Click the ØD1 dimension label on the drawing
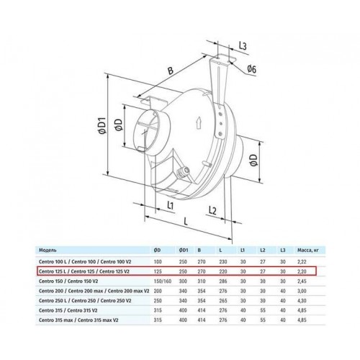(102, 125)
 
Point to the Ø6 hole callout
(251, 69)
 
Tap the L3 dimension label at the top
(243, 45)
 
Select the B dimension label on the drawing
(170, 71)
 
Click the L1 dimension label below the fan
(170, 205)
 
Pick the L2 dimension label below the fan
(212, 211)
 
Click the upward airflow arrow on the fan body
(199, 123)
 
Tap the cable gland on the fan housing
(182, 171)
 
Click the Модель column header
(48, 251)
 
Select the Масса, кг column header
(308, 251)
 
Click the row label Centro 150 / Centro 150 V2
(68, 281)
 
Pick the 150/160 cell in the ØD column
(163, 281)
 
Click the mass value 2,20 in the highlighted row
(302, 271)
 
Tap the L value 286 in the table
(223, 281)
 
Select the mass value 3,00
(302, 291)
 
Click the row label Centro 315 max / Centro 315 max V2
(78, 320)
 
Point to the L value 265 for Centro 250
(223, 300)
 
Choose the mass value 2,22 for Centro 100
(302, 261)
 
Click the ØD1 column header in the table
(184, 251)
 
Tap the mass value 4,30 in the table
(302, 300)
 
